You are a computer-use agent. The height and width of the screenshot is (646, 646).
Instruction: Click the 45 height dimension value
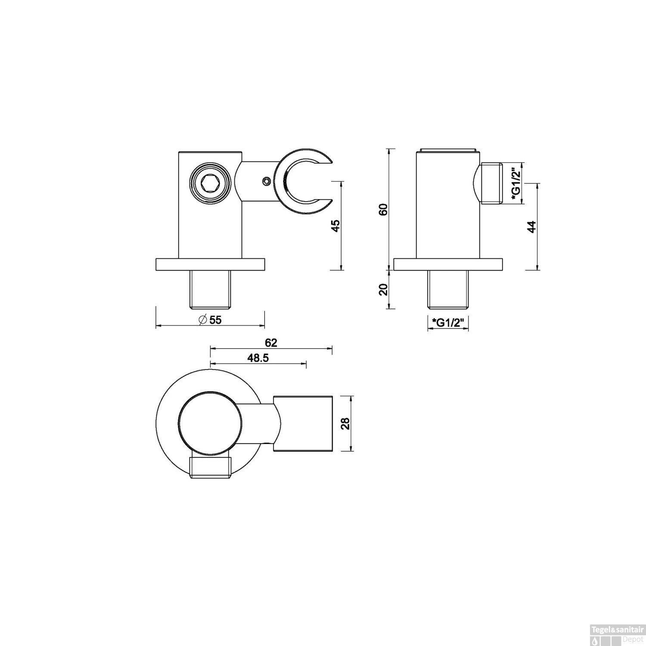pos(336,225)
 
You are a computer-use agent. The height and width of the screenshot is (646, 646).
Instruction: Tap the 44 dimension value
pos(532,227)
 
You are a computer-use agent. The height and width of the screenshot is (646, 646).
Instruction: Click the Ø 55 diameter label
pos(210,320)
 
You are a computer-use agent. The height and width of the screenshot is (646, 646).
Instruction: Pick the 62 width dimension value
pos(271,343)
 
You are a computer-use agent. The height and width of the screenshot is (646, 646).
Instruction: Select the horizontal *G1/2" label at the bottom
pos(448,322)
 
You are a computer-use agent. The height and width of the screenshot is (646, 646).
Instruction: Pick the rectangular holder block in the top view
pos(303,423)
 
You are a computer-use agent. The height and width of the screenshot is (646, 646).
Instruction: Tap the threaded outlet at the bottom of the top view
pos(210,468)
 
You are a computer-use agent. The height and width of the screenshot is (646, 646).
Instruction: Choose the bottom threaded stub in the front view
pos(211,289)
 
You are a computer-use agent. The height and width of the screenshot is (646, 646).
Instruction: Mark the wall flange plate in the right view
pos(448,264)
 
